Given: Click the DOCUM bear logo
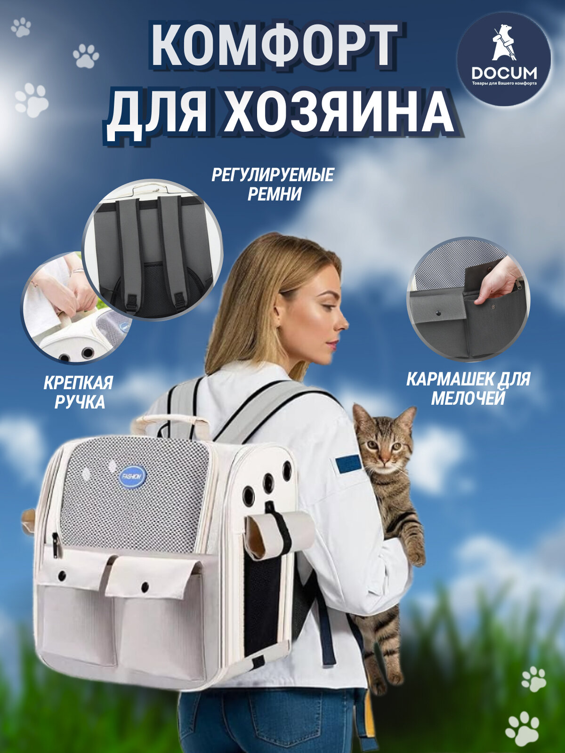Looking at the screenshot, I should (504, 59).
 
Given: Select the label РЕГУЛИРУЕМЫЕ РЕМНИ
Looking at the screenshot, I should (273, 184).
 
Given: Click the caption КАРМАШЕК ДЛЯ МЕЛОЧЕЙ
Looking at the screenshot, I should (468, 389).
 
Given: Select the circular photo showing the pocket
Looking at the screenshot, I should (468, 299).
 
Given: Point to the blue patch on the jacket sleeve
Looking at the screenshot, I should (348, 464).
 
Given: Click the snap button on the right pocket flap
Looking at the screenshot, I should (145, 586).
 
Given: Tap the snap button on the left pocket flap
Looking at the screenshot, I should (62, 576).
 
